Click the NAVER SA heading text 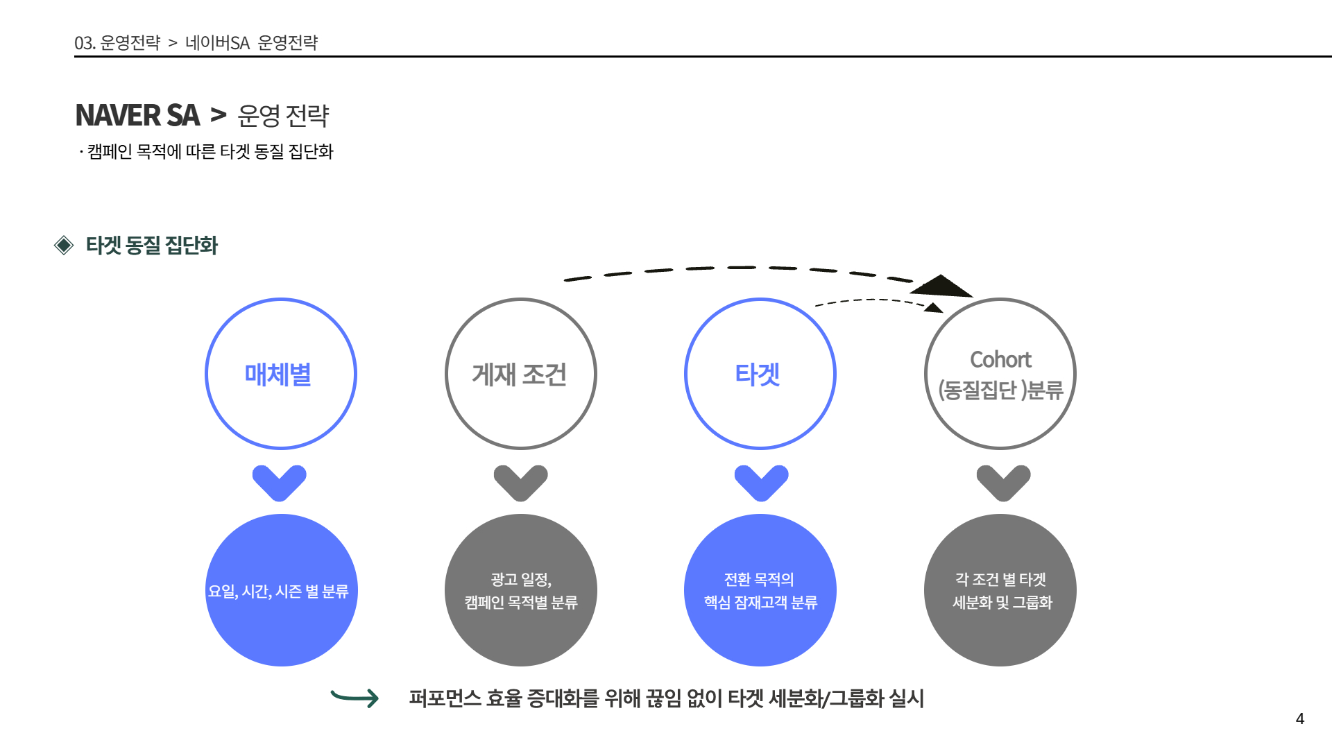(x=137, y=115)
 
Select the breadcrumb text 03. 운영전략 (x=117, y=43)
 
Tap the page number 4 (x=1299, y=719)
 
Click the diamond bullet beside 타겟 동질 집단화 (x=64, y=245)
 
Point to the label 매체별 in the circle (x=278, y=374)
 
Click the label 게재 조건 (x=520, y=374)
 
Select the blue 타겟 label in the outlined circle (x=758, y=374)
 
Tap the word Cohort (x=1000, y=359)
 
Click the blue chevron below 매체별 (x=279, y=482)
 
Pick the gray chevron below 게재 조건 (x=520, y=482)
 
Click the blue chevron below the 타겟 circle (x=761, y=482)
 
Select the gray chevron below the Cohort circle (x=1003, y=482)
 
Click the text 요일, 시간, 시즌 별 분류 (x=278, y=592)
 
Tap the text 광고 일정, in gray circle (x=521, y=579)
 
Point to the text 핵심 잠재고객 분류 (x=760, y=602)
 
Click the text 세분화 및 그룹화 (x=1002, y=602)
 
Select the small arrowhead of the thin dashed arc (x=934, y=307)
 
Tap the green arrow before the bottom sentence (x=355, y=698)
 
